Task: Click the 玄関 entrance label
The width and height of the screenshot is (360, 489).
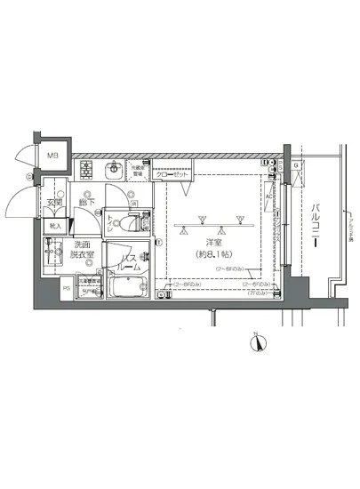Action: point(56,201)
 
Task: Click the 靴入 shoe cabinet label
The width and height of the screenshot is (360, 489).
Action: point(55,226)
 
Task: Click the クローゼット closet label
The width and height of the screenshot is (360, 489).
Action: point(172,174)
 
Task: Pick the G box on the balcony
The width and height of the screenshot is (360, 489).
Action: point(296,166)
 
